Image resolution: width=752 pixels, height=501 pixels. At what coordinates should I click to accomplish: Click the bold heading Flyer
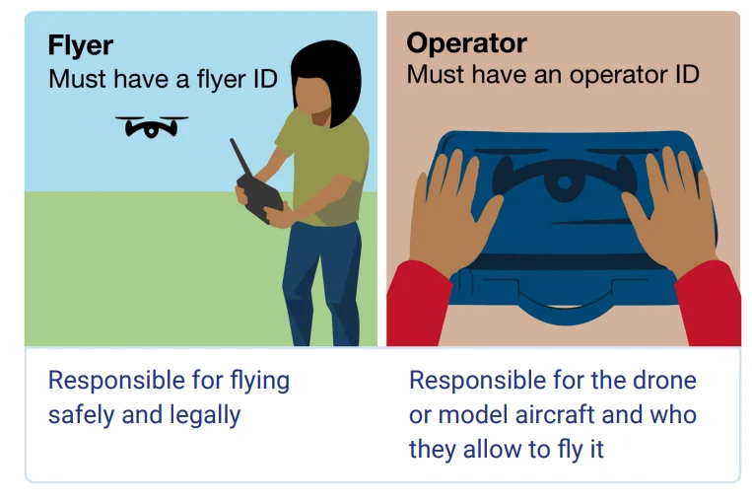(x=81, y=46)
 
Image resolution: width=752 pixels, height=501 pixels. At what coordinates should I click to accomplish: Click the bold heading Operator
(x=466, y=43)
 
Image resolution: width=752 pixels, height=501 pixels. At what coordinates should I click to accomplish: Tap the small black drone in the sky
(x=151, y=126)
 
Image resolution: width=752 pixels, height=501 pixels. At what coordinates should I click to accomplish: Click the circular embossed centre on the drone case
(x=563, y=183)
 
